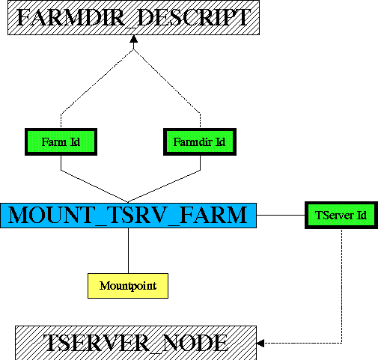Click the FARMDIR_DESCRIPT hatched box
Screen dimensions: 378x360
[x=133, y=17]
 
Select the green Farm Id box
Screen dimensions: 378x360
[x=61, y=141]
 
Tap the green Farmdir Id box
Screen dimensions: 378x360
[x=200, y=141]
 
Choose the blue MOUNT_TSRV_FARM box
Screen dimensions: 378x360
[x=128, y=216]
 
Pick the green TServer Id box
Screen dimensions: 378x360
[x=341, y=215]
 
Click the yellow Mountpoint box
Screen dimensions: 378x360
[x=128, y=286]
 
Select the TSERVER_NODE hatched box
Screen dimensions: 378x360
[x=135, y=343]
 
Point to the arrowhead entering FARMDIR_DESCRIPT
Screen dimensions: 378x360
[x=134, y=39]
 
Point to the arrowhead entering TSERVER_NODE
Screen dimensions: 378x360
[x=260, y=343]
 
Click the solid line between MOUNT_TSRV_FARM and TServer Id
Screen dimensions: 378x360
[x=281, y=215]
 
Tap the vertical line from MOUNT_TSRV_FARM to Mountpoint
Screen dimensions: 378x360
[x=128, y=251]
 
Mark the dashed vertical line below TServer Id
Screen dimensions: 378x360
[x=341, y=286]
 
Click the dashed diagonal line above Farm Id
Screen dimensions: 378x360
[x=97, y=82]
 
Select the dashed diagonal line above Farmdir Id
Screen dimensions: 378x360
[x=167, y=82]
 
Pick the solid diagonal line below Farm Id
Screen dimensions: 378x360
[x=94, y=186]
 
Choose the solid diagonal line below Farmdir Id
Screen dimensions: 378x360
[x=164, y=186]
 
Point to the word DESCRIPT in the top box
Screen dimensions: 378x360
[x=194, y=17]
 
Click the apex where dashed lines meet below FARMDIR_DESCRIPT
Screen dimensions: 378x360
[x=134, y=49]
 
